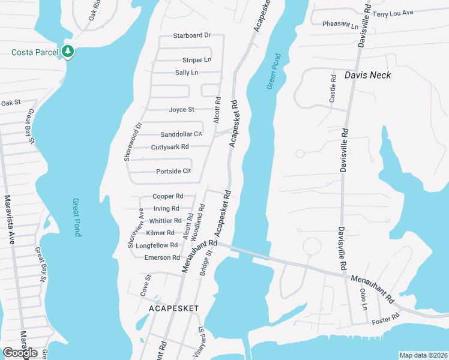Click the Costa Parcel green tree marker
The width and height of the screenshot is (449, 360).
point(68,52)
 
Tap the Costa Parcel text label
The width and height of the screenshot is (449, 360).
point(35,52)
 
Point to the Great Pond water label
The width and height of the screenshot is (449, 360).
point(76,217)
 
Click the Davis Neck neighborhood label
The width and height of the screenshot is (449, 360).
point(368,75)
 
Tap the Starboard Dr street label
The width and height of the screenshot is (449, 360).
point(192,35)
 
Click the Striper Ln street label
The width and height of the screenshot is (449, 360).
point(197,60)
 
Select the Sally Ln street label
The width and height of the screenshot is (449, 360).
point(186,73)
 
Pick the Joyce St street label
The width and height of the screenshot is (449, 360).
point(181,110)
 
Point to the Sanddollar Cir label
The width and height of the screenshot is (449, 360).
point(181,134)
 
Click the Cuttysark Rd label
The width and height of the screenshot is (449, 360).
point(170,146)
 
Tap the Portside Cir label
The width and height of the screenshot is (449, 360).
point(173,171)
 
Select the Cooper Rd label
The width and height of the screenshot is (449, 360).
point(167,196)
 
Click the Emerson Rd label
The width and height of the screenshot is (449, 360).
point(162,257)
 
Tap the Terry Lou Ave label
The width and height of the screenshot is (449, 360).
point(393,14)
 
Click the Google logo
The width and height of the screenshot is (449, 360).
point(20,353)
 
